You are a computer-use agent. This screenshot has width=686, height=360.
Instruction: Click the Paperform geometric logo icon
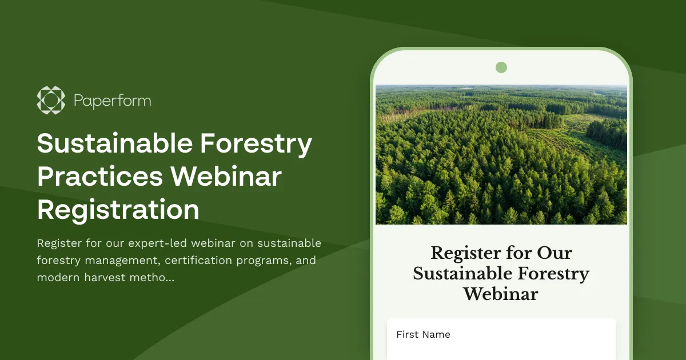point(51,101)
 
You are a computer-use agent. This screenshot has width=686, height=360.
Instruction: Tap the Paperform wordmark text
point(112,101)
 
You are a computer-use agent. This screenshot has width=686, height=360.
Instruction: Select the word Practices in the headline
point(98,177)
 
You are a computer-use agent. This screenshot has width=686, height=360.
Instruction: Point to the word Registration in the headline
point(118,210)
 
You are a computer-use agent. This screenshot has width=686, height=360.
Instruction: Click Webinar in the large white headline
point(226,177)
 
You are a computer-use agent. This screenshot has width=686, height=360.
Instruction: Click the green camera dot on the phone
point(501,67)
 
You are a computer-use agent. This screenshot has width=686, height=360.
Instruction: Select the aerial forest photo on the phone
point(501,154)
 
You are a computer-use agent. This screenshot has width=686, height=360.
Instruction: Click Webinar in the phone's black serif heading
point(501,294)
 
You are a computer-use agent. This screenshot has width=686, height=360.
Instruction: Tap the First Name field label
point(423,335)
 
